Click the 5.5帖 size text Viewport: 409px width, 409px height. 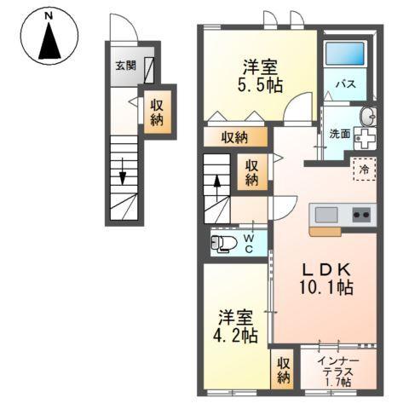260,85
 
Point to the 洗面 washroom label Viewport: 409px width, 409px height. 339,134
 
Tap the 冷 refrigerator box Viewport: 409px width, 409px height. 364,169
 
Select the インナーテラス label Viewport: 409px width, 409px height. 338,366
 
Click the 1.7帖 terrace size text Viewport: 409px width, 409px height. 339,382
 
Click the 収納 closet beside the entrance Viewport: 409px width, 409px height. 158,111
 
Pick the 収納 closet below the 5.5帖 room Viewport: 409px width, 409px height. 236,136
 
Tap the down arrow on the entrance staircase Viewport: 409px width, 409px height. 123,174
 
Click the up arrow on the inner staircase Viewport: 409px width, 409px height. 217,182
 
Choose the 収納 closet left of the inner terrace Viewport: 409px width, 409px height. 283,370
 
